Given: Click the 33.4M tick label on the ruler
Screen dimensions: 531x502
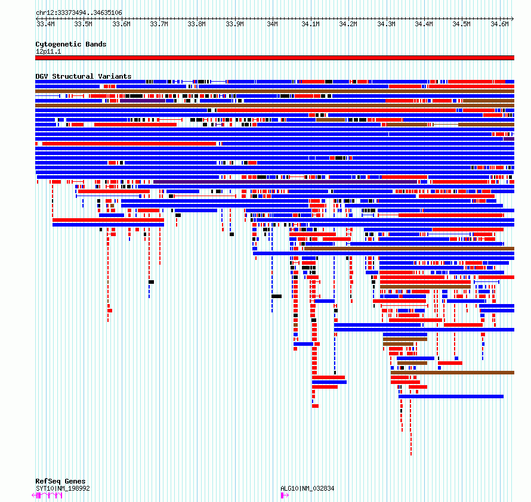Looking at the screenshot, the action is [x=45, y=24].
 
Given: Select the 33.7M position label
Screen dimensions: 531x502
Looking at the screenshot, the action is [x=159, y=24].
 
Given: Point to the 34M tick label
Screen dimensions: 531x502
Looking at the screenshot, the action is [x=272, y=24].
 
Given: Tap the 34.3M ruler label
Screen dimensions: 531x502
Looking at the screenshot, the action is [x=386, y=24].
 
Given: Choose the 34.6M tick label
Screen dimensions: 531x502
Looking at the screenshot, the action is [x=499, y=24].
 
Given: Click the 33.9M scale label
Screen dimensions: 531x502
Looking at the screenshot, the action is [x=234, y=24].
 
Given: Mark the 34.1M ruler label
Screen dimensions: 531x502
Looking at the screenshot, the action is [x=310, y=24].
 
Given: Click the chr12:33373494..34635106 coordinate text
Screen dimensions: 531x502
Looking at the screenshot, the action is [x=79, y=13].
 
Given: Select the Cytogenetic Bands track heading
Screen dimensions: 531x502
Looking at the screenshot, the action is [x=71, y=44].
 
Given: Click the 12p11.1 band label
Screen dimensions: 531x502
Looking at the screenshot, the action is [x=48, y=51].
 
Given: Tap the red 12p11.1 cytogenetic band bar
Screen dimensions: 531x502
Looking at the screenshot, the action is [x=274, y=58].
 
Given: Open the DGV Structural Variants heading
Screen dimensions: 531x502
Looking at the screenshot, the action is [x=84, y=76].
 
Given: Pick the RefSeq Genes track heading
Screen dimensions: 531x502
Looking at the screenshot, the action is [x=60, y=481].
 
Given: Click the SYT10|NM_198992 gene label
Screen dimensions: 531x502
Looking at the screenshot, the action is [x=63, y=488].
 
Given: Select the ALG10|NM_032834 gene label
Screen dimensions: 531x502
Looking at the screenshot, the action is [x=307, y=488].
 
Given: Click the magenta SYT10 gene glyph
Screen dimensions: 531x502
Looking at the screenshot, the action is [x=47, y=495].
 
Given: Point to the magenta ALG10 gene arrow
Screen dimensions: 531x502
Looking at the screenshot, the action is [x=285, y=495].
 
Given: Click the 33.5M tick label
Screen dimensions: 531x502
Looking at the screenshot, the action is [x=84, y=24].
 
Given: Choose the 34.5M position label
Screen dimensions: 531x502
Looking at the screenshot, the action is [x=461, y=24].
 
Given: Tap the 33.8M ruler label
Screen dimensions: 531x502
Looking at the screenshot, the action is [x=197, y=24].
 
